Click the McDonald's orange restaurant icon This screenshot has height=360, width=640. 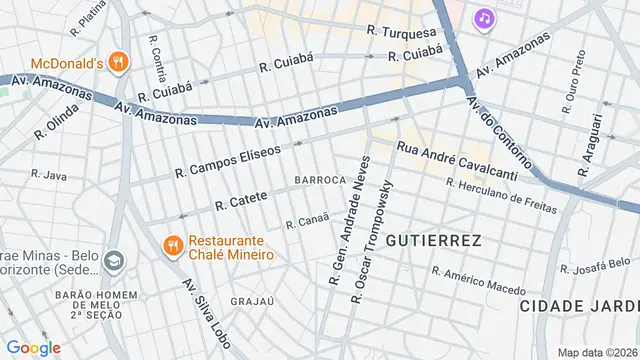point(118,62)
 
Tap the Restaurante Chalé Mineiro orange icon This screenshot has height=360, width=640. point(172,243)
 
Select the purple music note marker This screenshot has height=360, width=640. point(484,18)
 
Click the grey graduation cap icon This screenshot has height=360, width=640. point(112,262)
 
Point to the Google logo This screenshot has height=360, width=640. point(33,347)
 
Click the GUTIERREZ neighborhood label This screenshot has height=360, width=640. point(433,241)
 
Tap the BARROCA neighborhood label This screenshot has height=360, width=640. point(320,180)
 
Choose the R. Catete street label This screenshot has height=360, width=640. point(241,201)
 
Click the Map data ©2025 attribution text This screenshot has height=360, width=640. point(597,352)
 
